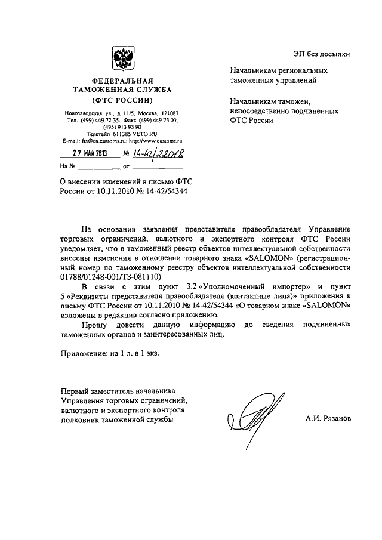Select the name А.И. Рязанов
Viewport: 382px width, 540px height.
[x=328, y=418]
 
